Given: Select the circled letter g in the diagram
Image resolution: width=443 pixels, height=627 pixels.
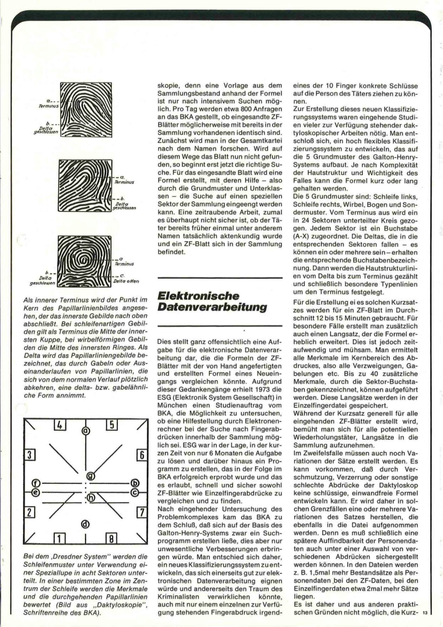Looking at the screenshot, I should coord(90,475).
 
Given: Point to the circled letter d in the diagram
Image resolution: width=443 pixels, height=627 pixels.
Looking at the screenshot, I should coord(85,523).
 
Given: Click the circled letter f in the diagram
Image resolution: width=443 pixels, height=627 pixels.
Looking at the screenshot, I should coord(35,482).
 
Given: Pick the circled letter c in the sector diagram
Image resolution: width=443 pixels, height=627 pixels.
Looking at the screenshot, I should coord(135,491).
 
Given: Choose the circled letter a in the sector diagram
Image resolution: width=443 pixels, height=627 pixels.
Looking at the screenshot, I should coord(85,431).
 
